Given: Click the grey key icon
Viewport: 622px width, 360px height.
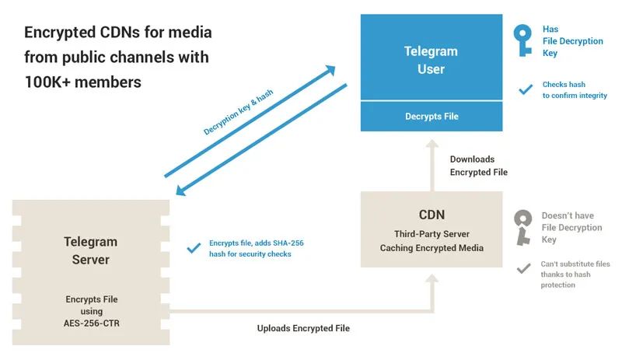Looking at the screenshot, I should click(x=523, y=227).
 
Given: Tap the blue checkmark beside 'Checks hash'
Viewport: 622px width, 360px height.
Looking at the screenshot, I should click(x=526, y=89).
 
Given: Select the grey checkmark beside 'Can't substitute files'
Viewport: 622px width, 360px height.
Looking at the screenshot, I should click(x=525, y=269).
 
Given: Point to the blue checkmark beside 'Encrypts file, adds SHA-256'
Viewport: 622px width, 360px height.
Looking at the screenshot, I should click(x=194, y=248).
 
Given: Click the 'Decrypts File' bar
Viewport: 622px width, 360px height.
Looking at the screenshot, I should click(x=432, y=117).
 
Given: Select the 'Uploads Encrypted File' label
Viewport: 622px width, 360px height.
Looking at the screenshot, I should click(x=303, y=328).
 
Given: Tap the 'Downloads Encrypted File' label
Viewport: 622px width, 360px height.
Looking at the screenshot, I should click(x=478, y=166).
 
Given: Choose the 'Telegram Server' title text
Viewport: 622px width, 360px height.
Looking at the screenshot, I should click(x=90, y=250).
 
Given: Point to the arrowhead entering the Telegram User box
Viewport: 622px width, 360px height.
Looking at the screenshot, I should click(x=330, y=70).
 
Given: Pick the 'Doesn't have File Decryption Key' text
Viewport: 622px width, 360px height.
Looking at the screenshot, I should click(x=571, y=228).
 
